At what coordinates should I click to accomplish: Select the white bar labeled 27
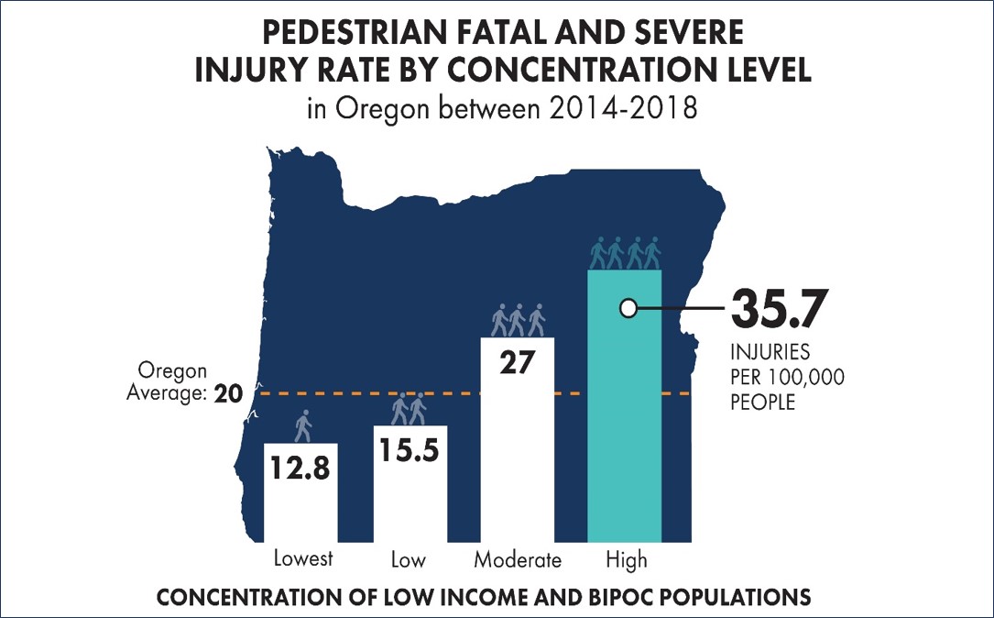point(518,440)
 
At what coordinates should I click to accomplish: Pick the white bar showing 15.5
point(410,486)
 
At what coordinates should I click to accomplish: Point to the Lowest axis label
point(303,559)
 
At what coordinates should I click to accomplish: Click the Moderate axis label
point(518,559)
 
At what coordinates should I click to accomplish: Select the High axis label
point(626,559)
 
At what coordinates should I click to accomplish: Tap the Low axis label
point(410,559)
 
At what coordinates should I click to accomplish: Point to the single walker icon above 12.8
point(303,425)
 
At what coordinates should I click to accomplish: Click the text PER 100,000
point(787,378)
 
